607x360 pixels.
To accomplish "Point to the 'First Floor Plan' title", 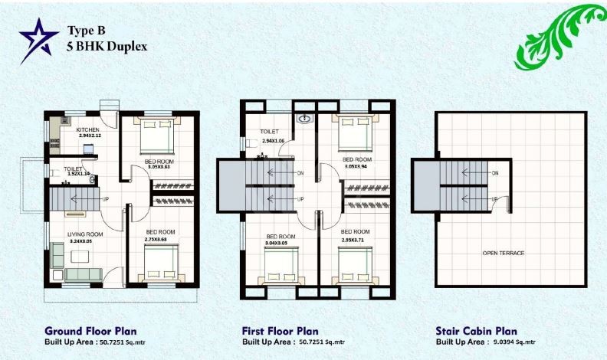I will point(280,331).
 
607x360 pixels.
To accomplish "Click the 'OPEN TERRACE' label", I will point(503,253).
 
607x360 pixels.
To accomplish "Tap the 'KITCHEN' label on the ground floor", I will point(87,130).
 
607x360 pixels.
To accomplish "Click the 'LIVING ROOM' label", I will point(84,234).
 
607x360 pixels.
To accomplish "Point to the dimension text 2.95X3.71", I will point(356,241).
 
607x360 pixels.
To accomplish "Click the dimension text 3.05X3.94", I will point(357,165).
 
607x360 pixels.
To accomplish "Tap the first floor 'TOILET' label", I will point(268,132).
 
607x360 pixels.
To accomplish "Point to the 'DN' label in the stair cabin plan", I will point(495,174).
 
